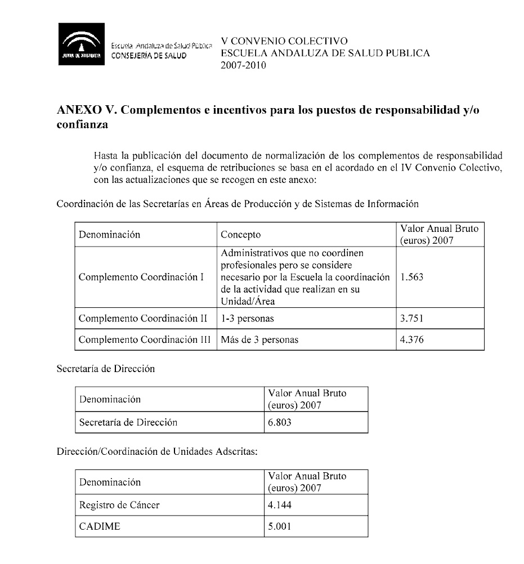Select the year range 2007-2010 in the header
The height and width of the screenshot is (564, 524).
[244, 65]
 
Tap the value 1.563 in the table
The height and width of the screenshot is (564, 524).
[411, 277]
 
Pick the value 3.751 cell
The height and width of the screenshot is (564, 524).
[411, 319]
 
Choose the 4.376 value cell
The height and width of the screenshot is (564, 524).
[411, 339]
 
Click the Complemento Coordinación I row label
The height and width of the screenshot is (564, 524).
[141, 277]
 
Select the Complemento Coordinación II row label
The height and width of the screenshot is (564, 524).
[143, 319]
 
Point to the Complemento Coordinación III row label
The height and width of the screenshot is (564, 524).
[145, 339]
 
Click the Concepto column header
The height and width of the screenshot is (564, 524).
[241, 234]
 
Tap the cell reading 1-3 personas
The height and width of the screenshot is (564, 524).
[248, 319]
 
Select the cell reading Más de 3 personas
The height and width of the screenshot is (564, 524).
[259, 339]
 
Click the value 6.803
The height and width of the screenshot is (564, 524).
[280, 422]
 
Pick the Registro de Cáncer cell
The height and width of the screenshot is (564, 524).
[119, 505]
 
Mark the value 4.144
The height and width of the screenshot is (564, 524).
[280, 505]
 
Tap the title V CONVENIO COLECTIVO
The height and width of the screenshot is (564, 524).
[284, 41]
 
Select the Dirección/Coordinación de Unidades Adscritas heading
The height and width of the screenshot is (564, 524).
[157, 453]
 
